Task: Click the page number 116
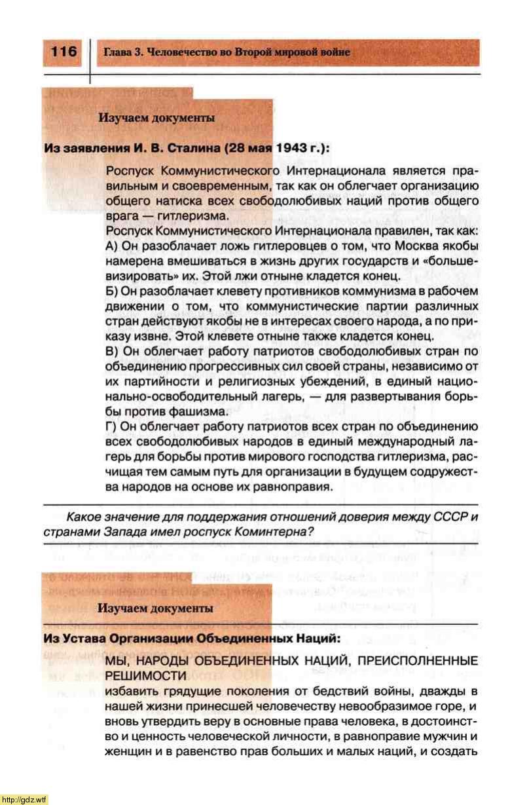pos(64,52)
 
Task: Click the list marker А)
pos(112,245)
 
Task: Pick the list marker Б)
pos(112,290)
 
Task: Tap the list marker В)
pos(112,350)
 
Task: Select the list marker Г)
pos(112,426)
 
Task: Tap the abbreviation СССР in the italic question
pos(452,517)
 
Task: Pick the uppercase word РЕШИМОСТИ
pos(141,675)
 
